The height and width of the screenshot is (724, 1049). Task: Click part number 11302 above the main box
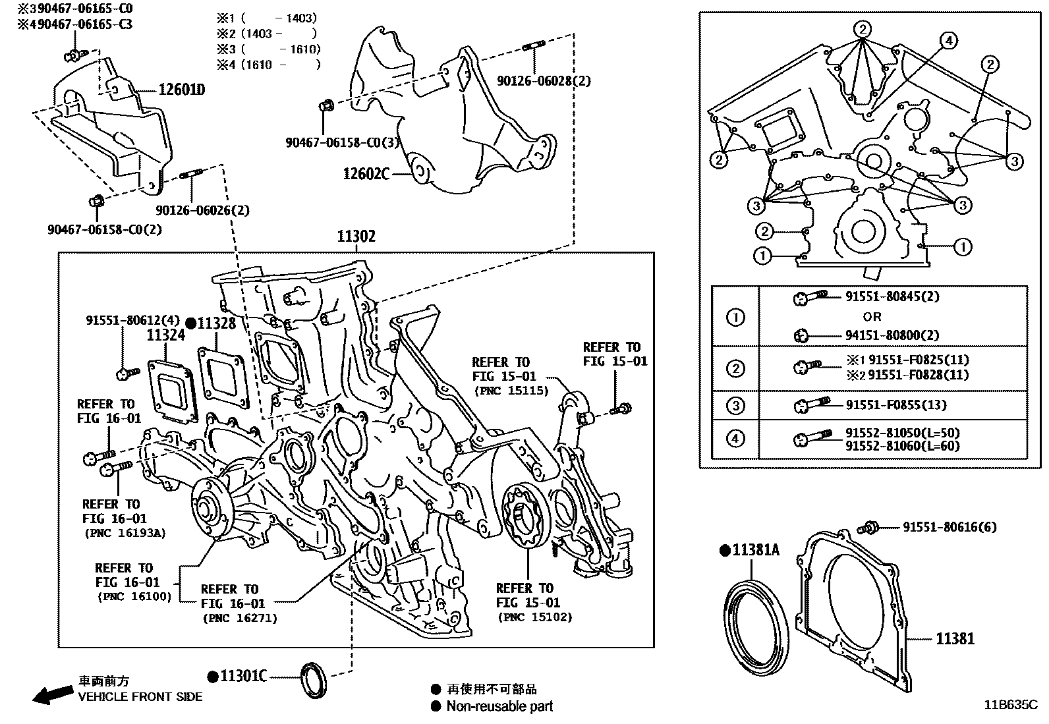(356, 237)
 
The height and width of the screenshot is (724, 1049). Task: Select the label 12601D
(181, 90)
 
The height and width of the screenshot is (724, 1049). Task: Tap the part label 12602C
(366, 174)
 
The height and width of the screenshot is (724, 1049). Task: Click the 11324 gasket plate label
(165, 335)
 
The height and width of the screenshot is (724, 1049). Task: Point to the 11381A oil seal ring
(757, 628)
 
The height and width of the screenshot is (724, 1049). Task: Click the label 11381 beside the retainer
(955, 638)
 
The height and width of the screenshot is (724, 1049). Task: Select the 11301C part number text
(243, 677)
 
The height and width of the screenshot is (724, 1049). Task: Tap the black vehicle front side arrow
(53, 694)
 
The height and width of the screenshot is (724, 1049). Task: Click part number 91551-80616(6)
(949, 527)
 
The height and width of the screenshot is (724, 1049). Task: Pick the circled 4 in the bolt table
(735, 439)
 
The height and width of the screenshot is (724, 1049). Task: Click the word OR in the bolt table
(872, 316)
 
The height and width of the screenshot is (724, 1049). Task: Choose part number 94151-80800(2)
(892, 335)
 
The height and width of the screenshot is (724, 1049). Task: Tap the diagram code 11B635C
(1011, 704)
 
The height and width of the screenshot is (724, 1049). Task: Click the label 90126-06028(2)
(544, 81)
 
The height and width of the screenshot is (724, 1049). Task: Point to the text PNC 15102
(535, 617)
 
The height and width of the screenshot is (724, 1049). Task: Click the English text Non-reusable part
(499, 707)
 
